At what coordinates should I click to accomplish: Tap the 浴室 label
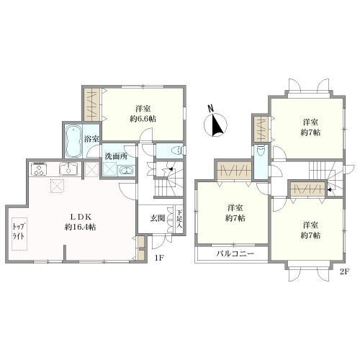[x=91, y=139]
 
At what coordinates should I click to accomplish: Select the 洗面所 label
[x=116, y=156]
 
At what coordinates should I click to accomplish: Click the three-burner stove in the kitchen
[x=39, y=169]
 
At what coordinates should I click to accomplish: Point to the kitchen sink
[x=68, y=168]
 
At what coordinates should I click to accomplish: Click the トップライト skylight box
[x=19, y=234]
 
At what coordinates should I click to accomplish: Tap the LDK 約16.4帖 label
[x=81, y=222]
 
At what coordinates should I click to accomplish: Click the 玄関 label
[x=158, y=218]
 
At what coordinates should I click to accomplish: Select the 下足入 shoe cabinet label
[x=179, y=219]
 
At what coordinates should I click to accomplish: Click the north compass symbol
[x=215, y=125]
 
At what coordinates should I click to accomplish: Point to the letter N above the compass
[x=211, y=108]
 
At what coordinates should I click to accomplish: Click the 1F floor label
[x=159, y=258]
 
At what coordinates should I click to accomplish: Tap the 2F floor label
[x=344, y=271]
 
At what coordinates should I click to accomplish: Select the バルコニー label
[x=235, y=253]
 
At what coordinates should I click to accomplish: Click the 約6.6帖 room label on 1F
[x=143, y=119]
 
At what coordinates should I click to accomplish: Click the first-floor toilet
[x=177, y=151]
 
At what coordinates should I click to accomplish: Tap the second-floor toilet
[x=261, y=151]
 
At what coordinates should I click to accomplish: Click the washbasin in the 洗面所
[x=126, y=171]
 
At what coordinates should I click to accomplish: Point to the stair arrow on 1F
[x=171, y=169]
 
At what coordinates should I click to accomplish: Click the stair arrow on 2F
[x=330, y=189]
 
